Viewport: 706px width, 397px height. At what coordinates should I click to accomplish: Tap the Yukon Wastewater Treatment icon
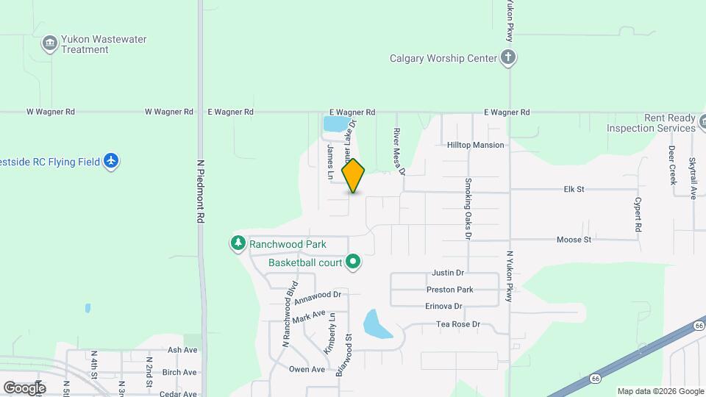click(x=49, y=44)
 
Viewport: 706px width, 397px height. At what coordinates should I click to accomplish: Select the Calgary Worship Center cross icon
click(x=507, y=57)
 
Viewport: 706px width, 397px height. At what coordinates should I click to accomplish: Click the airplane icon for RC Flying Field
click(x=111, y=160)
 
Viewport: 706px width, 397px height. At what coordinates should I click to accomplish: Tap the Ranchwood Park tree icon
click(x=238, y=243)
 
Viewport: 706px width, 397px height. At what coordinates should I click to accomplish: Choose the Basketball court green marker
click(x=353, y=262)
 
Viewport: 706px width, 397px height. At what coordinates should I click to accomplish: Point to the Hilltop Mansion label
click(x=476, y=145)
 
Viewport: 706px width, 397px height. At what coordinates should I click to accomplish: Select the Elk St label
click(x=574, y=189)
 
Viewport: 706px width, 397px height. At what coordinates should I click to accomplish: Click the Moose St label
click(x=574, y=240)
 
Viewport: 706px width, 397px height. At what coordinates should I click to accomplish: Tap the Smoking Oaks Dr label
click(x=467, y=209)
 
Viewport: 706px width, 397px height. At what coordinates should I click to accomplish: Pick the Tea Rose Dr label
click(x=457, y=324)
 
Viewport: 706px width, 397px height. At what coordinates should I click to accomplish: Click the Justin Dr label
click(x=448, y=273)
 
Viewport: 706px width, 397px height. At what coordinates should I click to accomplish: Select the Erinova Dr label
click(x=443, y=306)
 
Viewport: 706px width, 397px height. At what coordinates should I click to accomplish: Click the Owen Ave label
click(x=307, y=369)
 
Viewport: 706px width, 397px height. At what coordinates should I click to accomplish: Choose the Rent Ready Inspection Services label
click(x=651, y=123)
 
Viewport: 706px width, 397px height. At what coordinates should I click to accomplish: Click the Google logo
click(x=24, y=387)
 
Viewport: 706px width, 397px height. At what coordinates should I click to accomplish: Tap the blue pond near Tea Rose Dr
click(x=377, y=324)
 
